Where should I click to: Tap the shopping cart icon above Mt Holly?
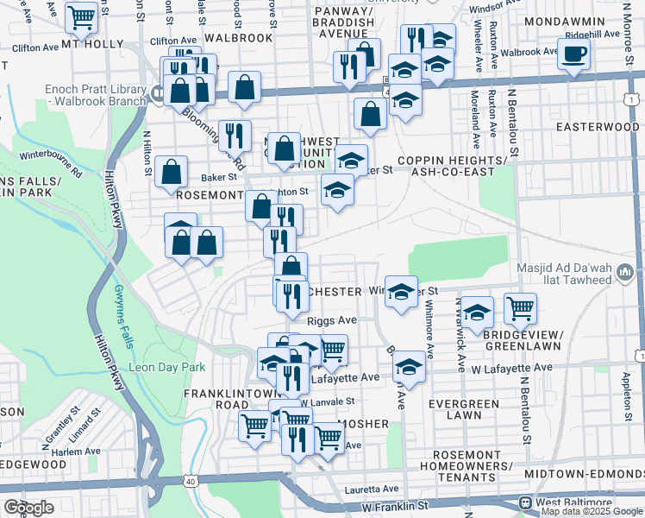80,16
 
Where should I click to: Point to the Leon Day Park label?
166,367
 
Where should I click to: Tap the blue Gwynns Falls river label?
127,315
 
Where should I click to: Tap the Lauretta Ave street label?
372,488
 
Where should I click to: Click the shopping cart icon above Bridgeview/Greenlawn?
520,307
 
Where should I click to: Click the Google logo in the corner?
28,508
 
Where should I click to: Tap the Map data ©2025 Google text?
592,511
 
